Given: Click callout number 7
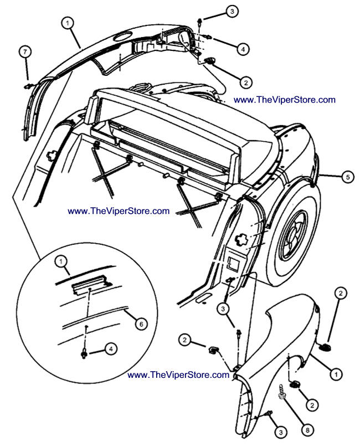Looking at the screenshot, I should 24,52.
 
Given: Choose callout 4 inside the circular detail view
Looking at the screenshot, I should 111,349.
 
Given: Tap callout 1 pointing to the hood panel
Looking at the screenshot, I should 67,23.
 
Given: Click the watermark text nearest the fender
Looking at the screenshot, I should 178,375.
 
